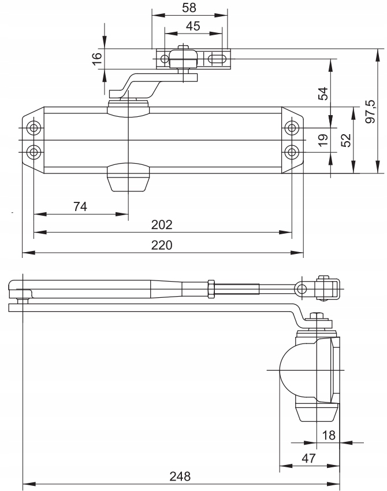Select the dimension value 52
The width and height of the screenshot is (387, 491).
345,140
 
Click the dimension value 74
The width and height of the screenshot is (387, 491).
80,206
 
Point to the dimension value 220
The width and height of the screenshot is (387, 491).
163,245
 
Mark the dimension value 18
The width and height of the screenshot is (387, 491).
329,434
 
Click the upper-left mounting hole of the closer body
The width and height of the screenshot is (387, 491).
34,128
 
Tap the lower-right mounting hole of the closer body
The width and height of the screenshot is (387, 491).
292,152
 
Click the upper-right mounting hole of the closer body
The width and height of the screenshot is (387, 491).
292,128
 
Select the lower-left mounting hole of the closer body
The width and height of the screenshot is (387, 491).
34,152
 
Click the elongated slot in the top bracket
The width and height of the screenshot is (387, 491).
216,58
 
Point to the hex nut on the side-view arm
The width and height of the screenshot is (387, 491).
211,287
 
